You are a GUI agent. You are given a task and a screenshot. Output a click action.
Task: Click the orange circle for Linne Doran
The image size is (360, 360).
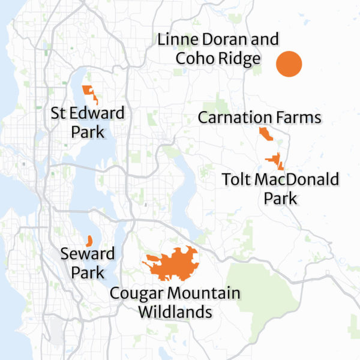coord(289,64)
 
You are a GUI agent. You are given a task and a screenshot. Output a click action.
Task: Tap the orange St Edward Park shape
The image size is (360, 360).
coord(91,92)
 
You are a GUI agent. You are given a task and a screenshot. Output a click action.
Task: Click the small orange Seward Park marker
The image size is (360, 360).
coord(89,241)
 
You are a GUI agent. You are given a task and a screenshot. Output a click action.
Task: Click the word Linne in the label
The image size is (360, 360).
coord(176,40)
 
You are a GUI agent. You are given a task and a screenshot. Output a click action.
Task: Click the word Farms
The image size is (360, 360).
coord(300,117)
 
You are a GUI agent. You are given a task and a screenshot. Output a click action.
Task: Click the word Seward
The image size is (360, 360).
coord(88,254)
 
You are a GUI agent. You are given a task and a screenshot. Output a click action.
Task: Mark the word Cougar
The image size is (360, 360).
coord(137,293)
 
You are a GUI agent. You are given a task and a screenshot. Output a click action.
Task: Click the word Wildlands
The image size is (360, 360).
coord(175,312)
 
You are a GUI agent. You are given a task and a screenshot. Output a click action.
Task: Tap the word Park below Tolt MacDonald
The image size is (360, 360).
coord(281,197)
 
